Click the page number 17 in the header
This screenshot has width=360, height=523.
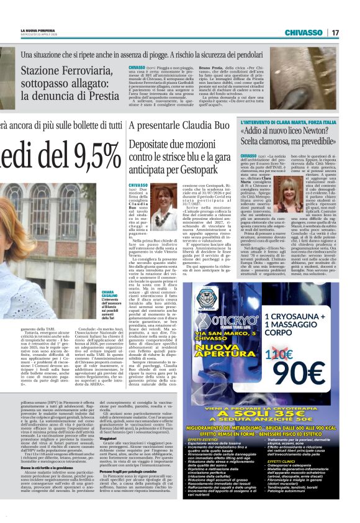click(352, 32)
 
